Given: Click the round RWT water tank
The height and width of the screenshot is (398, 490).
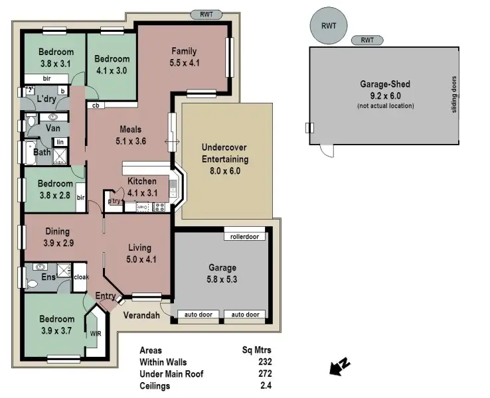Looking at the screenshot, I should [329, 26].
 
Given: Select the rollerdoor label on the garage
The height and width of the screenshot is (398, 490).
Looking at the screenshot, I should [245, 236].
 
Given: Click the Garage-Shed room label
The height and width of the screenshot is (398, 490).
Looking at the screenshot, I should [384, 84].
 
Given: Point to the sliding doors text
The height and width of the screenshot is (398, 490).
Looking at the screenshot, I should [454, 94].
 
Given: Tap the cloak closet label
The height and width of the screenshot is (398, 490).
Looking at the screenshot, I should [80, 277].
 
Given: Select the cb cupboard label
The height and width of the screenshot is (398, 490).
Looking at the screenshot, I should [96, 105].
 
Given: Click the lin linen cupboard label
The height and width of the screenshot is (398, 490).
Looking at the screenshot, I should [60, 142].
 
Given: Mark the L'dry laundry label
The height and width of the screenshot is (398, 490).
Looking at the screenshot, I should [46, 99].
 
